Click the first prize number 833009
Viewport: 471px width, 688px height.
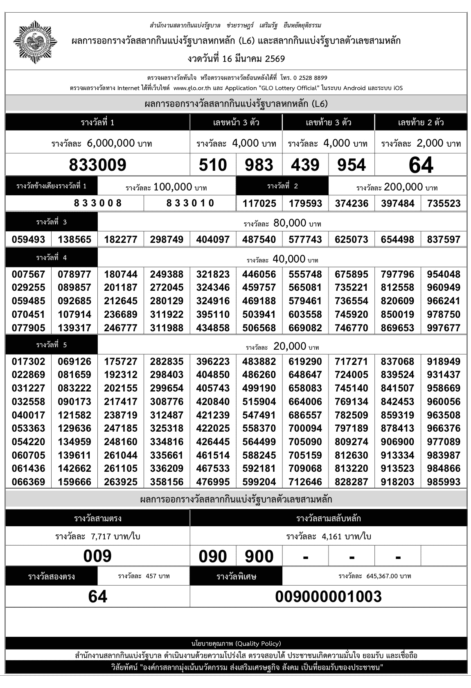pyautogui.click(x=97, y=165)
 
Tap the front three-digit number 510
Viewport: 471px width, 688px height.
pyautogui.click(x=213, y=165)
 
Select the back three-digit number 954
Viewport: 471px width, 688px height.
pyautogui.click(x=352, y=165)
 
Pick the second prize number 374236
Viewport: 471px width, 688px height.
pyautogui.click(x=352, y=204)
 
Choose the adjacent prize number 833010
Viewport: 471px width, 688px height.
pyautogui.click(x=190, y=203)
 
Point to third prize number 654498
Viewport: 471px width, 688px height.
pyautogui.click(x=398, y=239)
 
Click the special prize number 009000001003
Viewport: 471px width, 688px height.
pyautogui.click(x=328, y=596)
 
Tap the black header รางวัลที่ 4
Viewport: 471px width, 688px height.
pyautogui.click(x=52, y=258)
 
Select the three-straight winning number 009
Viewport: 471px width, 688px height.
pyautogui.click(x=97, y=556)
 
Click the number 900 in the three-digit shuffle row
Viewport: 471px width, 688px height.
pyautogui.click(x=259, y=557)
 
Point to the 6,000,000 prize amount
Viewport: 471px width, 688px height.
pyautogui.click(x=111, y=143)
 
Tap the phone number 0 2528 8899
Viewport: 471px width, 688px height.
pyautogui.click(x=310, y=78)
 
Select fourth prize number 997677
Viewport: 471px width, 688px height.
pyautogui.click(x=444, y=328)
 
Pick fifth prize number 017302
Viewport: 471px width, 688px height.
pyautogui.click(x=28, y=362)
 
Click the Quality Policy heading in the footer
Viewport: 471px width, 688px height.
pyautogui.click(x=236, y=643)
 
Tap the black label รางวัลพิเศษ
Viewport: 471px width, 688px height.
pyautogui.click(x=236, y=577)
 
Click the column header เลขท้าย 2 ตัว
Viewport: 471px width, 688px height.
pyautogui.click(x=421, y=122)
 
